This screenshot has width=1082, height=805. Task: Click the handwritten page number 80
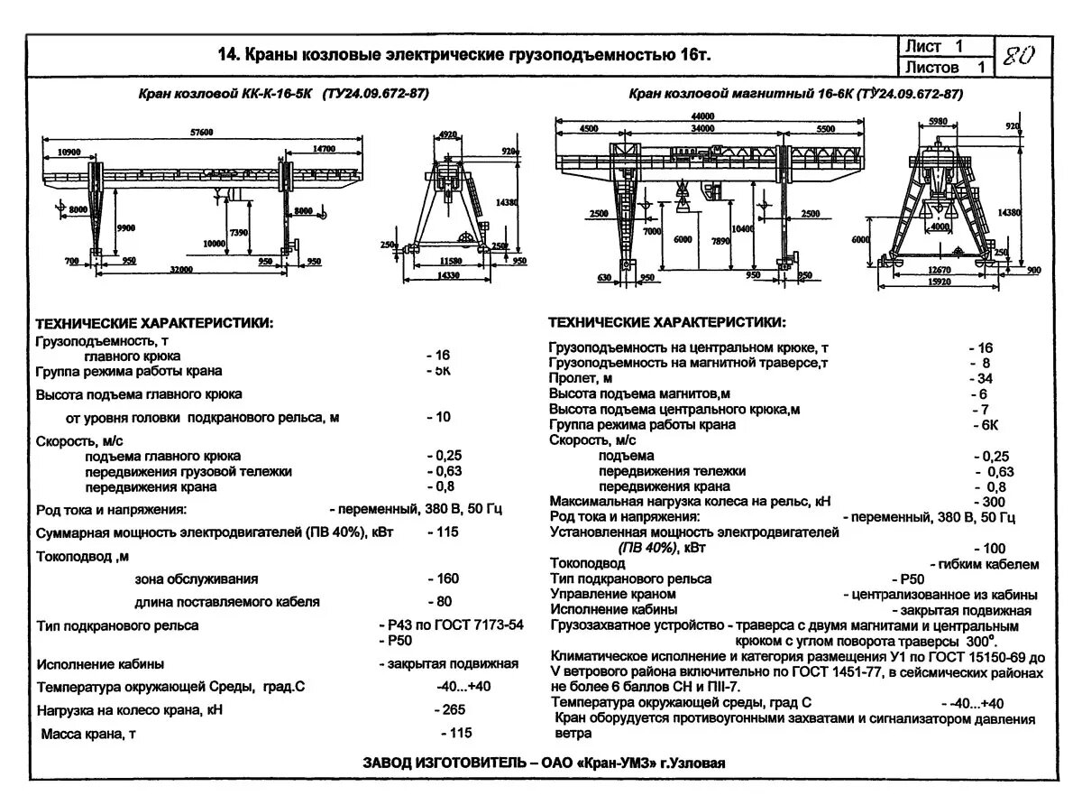coord(1019,56)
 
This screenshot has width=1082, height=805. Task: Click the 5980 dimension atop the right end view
coord(938,121)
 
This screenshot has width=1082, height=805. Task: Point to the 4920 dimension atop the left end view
coord(447,134)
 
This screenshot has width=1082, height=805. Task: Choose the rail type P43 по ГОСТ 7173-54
coord(451,625)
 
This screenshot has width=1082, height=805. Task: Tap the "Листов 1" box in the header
coord(944,67)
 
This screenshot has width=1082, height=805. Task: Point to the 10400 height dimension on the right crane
coord(744,229)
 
